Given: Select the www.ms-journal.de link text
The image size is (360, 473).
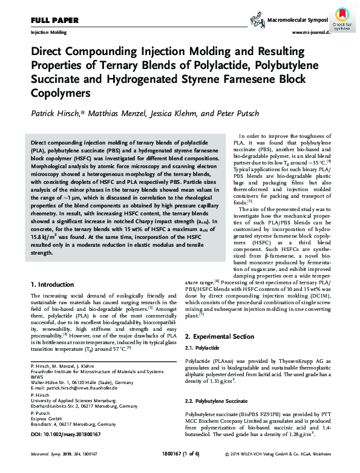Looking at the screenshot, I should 312,32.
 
